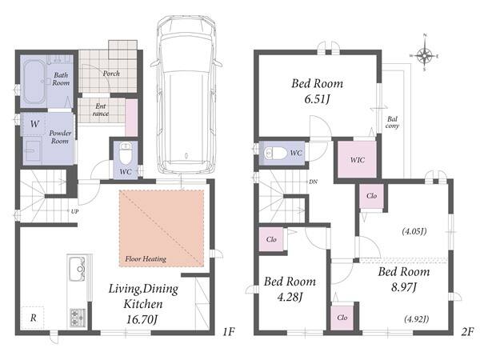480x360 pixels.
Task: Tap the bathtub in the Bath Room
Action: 34,82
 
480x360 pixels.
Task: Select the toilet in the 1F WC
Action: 126,154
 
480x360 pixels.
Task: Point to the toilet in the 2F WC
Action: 275,153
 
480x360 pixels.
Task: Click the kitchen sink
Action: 77,269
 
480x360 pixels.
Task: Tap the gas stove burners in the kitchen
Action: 78,318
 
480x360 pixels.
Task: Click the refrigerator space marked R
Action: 33,318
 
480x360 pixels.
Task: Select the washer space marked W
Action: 34,124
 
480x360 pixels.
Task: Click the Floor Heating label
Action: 146,259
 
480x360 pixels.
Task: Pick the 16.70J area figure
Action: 142,319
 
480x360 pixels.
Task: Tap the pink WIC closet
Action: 357,159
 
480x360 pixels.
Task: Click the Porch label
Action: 111,74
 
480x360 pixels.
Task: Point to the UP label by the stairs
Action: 74,211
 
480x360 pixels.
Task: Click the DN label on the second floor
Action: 313,182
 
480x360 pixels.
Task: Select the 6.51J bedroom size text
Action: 317,99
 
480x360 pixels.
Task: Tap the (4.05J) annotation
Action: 414,231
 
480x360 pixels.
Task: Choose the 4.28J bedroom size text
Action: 290,297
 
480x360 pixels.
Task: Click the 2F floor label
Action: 467,331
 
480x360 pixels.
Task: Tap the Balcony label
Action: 392,122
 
